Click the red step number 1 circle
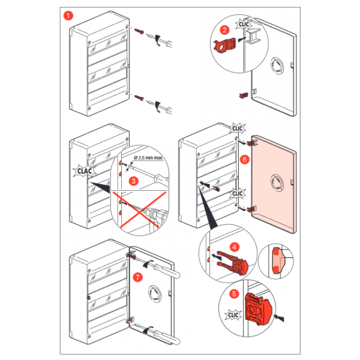tap(69, 15)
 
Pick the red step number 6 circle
tap(244, 160)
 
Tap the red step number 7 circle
tap(138, 277)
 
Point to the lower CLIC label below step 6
tap(239, 193)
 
